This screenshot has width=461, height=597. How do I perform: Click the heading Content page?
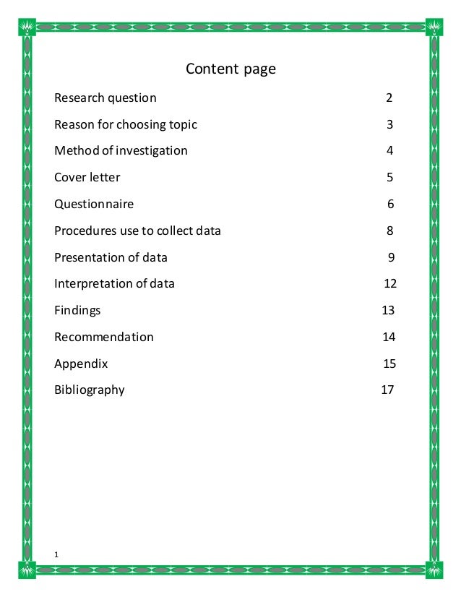(x=231, y=69)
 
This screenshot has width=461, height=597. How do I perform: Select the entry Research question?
(x=105, y=98)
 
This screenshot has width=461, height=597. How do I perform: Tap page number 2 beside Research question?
(x=389, y=98)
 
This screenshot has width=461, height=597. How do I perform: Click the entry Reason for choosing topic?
(x=125, y=124)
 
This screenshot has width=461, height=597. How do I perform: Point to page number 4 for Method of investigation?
(x=389, y=151)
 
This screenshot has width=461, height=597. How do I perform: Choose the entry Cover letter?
(x=87, y=177)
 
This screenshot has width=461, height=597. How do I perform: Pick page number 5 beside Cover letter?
(x=389, y=177)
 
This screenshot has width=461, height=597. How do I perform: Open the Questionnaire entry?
(x=94, y=205)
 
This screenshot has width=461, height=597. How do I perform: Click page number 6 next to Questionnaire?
(x=390, y=205)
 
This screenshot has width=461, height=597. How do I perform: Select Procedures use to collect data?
(x=137, y=231)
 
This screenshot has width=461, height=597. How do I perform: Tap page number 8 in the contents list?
(x=390, y=231)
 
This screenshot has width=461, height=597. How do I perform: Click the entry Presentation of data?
(x=111, y=257)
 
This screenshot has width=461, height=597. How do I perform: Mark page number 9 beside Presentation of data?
(x=391, y=257)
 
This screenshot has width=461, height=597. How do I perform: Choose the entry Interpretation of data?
(x=114, y=284)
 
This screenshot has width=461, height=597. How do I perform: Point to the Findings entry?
(x=77, y=311)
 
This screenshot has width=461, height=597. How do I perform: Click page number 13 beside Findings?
(x=388, y=311)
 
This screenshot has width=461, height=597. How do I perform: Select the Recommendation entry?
(x=103, y=337)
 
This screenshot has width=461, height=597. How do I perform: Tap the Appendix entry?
(x=81, y=364)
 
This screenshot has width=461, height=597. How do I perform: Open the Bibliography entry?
(x=89, y=390)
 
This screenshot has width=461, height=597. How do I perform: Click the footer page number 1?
(x=56, y=554)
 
